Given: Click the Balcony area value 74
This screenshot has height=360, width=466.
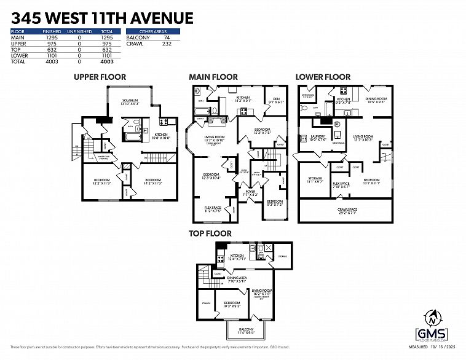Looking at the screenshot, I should [x=167, y=38].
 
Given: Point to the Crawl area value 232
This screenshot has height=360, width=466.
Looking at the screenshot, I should [x=167, y=44].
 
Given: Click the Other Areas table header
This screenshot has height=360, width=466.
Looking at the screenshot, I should [x=152, y=31].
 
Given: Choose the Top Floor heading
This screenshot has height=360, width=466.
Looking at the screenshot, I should [x=210, y=233].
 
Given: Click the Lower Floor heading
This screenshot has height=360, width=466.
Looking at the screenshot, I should [x=323, y=77].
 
